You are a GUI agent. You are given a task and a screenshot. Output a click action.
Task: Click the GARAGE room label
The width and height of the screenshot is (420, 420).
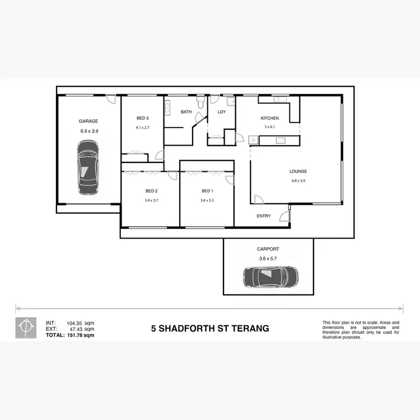pos(88,121)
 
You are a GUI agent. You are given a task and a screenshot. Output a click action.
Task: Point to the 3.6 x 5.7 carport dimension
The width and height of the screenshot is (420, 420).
pos(268,259)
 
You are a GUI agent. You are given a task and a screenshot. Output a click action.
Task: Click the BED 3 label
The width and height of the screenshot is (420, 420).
pos(142,118)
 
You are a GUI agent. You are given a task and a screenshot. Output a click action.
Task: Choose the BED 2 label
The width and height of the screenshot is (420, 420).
pos(151,191)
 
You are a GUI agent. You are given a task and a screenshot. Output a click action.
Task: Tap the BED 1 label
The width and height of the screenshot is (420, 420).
pos(207,191)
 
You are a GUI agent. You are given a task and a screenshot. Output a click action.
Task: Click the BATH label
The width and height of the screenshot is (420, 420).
pos(186,112)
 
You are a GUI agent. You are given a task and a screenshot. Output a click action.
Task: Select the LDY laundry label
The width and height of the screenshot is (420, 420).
pos(221,112)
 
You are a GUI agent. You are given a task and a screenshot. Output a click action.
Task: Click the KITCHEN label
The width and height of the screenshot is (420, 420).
pos(270,118)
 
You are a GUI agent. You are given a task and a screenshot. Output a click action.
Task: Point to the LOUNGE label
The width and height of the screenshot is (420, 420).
pos(298,171)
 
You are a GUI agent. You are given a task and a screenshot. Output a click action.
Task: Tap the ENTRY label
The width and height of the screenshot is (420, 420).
pos(264,216)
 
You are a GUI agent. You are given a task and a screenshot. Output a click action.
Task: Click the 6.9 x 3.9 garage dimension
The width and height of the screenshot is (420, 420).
pos(89,131)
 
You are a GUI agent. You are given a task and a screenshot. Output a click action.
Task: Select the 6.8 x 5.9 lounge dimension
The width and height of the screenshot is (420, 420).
pos(298,181)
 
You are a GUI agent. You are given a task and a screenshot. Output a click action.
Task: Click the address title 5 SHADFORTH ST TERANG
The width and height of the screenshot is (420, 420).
pos(210,329)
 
